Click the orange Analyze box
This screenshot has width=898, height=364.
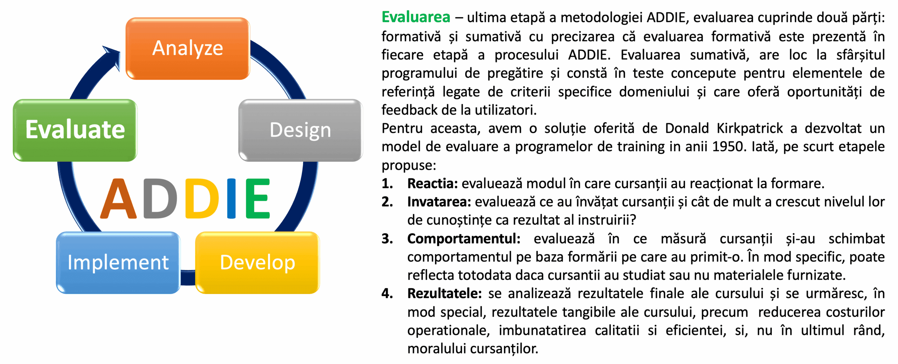click(x=188, y=48)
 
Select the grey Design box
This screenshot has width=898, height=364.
click(x=300, y=130)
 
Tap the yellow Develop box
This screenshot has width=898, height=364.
click(x=257, y=262)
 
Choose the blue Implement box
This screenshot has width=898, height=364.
click(x=118, y=262)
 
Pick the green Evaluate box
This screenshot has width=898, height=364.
click(x=75, y=130)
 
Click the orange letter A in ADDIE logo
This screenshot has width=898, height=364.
click(x=119, y=199)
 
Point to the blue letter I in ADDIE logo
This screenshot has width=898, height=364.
click(x=231, y=199)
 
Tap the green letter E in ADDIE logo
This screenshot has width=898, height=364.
click(x=258, y=199)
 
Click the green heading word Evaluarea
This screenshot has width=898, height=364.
click(x=416, y=17)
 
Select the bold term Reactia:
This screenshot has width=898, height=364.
click(x=433, y=184)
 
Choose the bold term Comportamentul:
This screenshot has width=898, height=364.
click(x=464, y=239)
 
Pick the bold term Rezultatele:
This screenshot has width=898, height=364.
click(x=444, y=294)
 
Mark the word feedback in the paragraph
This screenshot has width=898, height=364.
click(x=409, y=110)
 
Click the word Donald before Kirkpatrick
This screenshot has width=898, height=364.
click(x=687, y=129)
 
